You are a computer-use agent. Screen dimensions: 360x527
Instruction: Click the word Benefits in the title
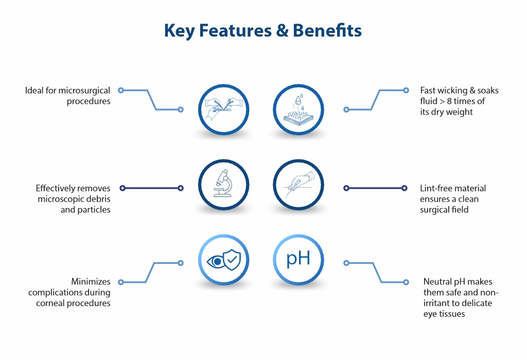(327, 31)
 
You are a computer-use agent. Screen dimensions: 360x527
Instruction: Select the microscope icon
(223, 185)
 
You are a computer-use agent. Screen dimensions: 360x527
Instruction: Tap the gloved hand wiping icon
(298, 185)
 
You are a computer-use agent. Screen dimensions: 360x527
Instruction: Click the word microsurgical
(84, 91)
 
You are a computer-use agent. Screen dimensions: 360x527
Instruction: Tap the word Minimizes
(91, 282)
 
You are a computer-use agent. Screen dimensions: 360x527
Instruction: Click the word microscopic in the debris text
(61, 199)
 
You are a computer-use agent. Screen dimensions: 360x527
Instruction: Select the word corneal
(50, 303)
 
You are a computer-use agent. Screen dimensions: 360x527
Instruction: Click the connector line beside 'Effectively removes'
(151, 188)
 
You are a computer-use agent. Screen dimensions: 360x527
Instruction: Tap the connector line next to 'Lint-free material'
(376, 188)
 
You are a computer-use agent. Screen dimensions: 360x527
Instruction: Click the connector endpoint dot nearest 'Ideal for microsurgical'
(121, 91)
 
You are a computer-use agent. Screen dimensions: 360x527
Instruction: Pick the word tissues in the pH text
(451, 314)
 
